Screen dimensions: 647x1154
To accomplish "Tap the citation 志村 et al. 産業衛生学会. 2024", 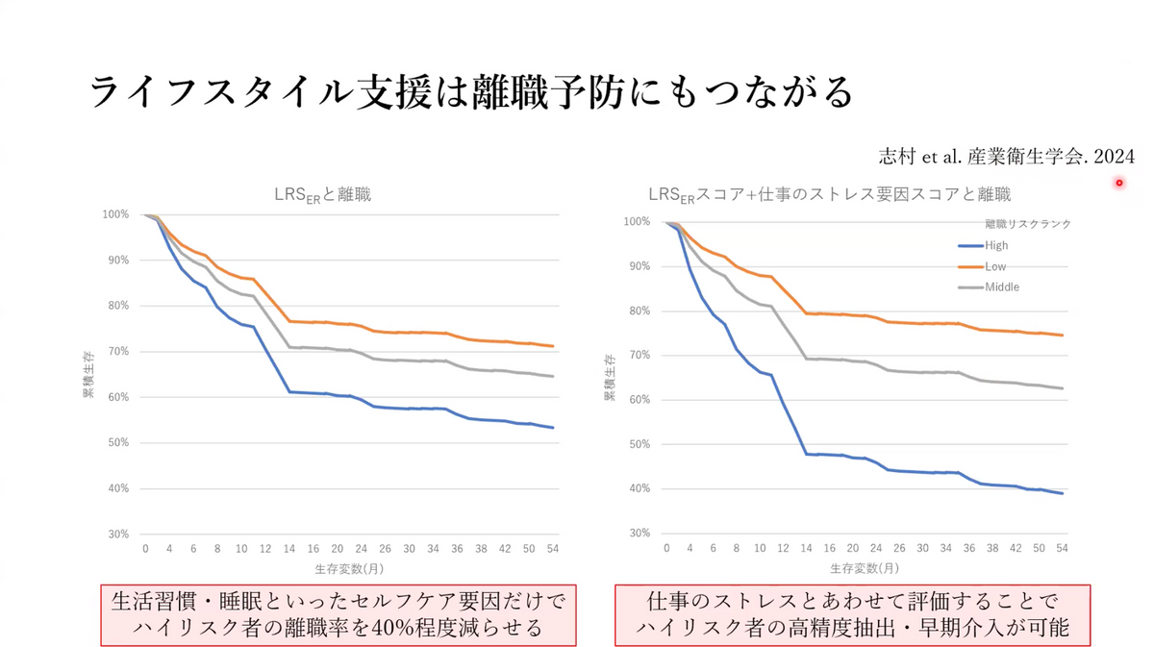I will [1007, 156].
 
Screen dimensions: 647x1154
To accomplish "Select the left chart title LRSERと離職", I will [321, 194].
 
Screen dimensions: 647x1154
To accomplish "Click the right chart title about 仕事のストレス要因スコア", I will [829, 194].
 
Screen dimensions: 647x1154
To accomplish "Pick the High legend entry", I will [996, 245].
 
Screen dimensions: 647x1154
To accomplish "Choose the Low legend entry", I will [995, 266].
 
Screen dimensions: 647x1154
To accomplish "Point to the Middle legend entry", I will [1000, 286].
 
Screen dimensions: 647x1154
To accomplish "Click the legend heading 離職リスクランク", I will [1027, 223].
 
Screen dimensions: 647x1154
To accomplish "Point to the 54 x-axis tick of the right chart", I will [1062, 547].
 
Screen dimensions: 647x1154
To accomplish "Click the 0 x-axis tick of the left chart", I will [145, 548].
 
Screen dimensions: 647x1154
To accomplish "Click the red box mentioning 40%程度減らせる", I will [338, 615].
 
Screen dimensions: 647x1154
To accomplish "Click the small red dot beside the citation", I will [1119, 183].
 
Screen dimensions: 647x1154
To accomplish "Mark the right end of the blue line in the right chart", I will [1062, 493].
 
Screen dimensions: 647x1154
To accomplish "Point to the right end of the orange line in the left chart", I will [553, 346].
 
